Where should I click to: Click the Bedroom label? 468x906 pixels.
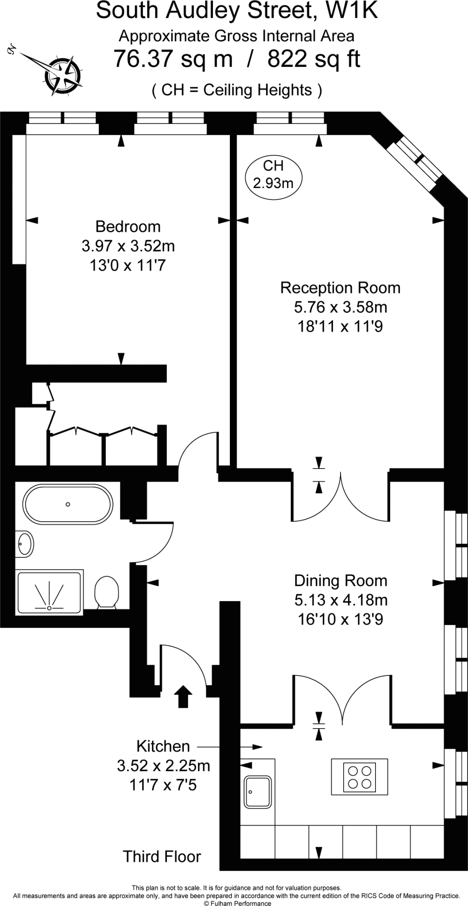[x=128, y=226]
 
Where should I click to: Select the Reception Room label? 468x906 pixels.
[x=340, y=288]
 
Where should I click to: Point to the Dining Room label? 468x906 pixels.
[x=340, y=580]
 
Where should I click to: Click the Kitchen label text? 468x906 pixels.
[x=163, y=746]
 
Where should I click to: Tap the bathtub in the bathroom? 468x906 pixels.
[x=68, y=504]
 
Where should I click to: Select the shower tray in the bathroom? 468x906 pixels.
[x=49, y=592]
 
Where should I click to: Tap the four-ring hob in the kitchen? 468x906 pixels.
[x=360, y=777]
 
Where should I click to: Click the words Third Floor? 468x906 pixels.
[x=162, y=856]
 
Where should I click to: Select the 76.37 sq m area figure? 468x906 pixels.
[x=173, y=59]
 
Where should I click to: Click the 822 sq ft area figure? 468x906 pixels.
[x=314, y=59]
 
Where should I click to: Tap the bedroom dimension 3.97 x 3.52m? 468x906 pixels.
[x=128, y=246]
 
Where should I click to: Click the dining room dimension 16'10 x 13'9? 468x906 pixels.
[x=340, y=619]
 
